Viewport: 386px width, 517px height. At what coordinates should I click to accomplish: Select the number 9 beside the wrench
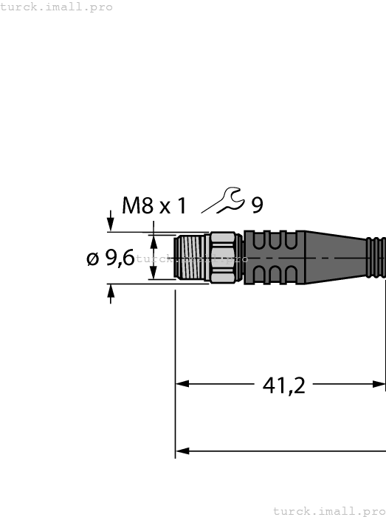tap(257, 205)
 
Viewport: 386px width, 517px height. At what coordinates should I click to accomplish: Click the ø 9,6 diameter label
tap(111, 258)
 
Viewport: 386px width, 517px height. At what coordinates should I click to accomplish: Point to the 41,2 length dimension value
tap(284, 385)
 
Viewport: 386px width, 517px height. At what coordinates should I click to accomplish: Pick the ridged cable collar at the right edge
tap(376, 258)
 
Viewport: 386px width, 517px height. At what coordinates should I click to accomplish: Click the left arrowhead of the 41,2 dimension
tap(182, 384)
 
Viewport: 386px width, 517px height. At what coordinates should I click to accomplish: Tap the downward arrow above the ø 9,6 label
tap(111, 222)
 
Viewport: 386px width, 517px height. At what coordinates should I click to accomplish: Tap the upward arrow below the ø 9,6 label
tap(111, 293)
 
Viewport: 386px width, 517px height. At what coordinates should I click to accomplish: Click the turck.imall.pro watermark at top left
tap(57, 7)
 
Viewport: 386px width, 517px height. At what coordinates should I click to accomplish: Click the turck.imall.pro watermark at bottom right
tap(328, 510)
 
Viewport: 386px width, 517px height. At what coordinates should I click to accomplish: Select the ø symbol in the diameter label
tap(93, 258)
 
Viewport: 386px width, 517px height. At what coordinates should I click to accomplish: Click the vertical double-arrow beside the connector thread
tap(154, 258)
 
